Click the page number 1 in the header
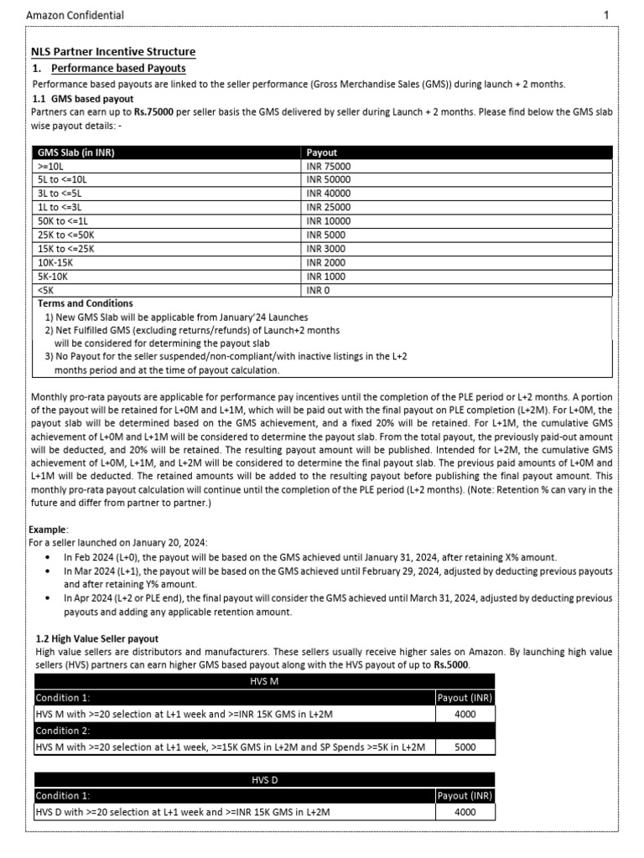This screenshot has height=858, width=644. [606, 15]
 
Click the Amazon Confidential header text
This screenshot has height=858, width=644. [75, 15]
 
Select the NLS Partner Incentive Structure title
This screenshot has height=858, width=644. [113, 52]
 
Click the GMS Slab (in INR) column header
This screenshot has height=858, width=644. [75, 153]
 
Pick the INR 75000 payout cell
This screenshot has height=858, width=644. [329, 167]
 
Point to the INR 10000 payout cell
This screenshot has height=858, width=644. [329, 221]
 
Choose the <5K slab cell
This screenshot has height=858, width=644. [45, 290]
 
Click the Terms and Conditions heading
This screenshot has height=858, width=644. [85, 303]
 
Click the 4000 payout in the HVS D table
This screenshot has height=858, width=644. [465, 812]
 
